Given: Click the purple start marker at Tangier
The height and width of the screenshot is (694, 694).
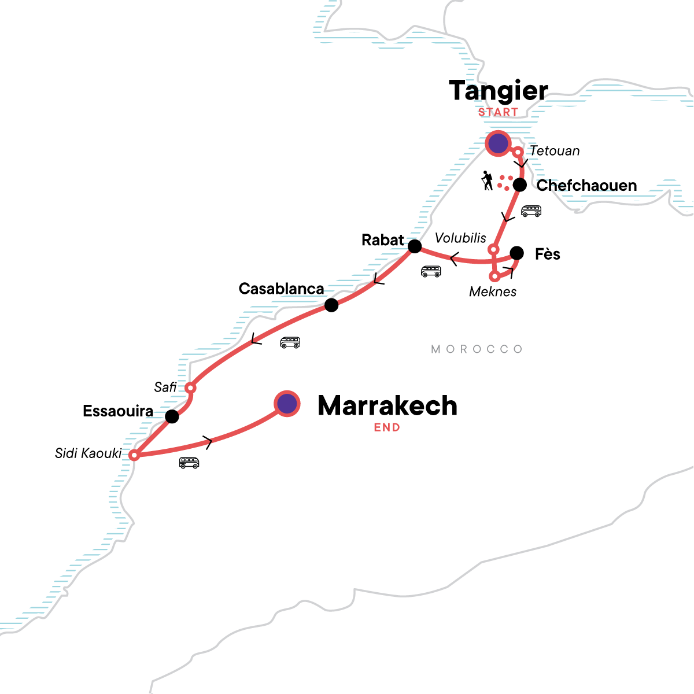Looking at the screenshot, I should tap(498, 143).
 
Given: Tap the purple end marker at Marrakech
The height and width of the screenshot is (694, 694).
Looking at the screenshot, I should tap(287, 404).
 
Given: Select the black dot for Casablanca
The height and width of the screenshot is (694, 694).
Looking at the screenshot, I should tap(331, 305).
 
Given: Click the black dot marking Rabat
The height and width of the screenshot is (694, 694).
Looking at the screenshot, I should tap(415, 246).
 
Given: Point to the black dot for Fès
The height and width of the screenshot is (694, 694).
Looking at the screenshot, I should tap(516, 253).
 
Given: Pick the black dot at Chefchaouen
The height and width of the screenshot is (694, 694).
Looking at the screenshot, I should tap(520, 185).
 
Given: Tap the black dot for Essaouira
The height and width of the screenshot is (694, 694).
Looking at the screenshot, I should tap(172, 416).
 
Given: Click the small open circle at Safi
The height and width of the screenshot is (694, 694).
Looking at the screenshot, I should tap(190, 387).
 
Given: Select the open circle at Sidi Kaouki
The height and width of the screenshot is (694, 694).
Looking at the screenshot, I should tap(134, 455).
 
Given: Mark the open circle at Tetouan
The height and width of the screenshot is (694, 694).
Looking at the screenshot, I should tap(518, 152).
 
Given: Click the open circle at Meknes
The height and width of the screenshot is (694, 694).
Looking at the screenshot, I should tap(494, 276).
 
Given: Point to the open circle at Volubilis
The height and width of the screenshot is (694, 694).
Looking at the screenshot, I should tap(493, 249).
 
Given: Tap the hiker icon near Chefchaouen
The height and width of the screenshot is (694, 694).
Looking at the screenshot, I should tap(488, 181).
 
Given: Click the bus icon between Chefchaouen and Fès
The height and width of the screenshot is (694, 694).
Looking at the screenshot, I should tap(531, 211).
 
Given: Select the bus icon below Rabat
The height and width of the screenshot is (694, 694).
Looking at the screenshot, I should tap(431, 271).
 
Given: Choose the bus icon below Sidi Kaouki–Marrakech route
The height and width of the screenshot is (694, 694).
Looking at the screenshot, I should tap(189, 463).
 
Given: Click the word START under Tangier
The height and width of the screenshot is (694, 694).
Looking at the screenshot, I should tap(498, 113).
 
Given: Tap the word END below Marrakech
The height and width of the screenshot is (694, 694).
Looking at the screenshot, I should tap(387, 428).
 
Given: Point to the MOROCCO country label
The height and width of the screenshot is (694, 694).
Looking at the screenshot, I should tap(477, 349).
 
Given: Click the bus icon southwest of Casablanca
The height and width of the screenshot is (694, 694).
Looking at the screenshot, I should tap(290, 342).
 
